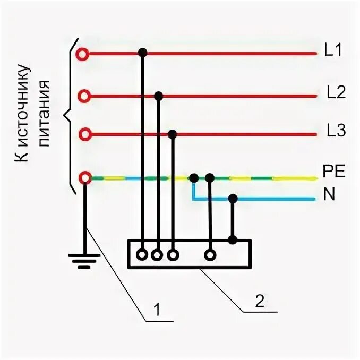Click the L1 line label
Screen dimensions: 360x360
[333, 52]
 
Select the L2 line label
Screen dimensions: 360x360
[336, 93]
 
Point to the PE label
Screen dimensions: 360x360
[334, 172]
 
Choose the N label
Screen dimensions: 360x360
[329, 195]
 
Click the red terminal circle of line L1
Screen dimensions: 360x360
[82, 54]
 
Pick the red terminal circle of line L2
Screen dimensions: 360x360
[83, 96]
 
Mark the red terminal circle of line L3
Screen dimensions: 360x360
[84, 134]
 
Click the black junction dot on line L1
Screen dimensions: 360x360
[142, 53]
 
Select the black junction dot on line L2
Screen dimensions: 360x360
[158, 96]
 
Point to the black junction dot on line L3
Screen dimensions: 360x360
[172, 134]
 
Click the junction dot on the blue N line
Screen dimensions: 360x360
[233, 199]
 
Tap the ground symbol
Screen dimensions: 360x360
[84, 260]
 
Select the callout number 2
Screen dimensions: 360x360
[259, 301]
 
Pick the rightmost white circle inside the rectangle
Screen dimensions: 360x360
[211, 255]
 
